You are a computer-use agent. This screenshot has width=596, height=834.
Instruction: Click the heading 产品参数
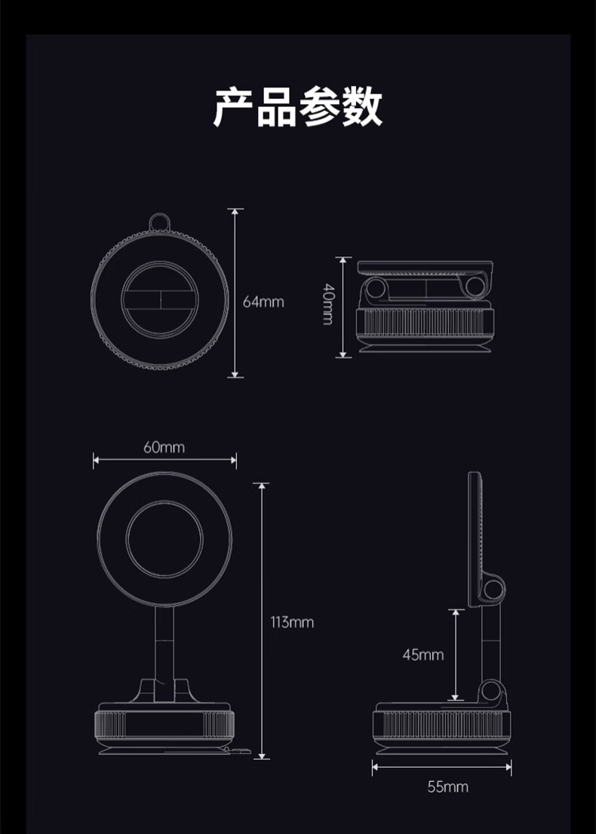(x=297, y=106)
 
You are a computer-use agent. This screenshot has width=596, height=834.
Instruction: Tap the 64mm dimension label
(x=263, y=302)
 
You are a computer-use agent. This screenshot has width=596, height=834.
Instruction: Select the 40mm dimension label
(x=327, y=304)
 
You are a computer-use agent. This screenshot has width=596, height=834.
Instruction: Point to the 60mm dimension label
(x=164, y=447)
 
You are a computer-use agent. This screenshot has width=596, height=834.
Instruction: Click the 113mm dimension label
(x=292, y=622)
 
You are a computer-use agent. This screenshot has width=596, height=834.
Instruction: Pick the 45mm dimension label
(x=422, y=655)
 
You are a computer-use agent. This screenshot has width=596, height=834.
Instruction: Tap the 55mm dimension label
(x=447, y=787)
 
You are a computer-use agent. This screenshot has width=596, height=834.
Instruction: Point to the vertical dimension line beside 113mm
(x=262, y=621)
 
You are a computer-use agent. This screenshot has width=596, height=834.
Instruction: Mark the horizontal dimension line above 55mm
(x=441, y=768)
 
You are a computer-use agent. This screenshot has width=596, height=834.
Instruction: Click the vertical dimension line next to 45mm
(x=456, y=655)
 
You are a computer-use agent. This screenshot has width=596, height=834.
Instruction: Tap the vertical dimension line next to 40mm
(x=343, y=307)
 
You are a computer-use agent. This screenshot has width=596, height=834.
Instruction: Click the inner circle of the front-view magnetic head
(x=164, y=538)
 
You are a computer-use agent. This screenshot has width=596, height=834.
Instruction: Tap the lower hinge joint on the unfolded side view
(x=492, y=691)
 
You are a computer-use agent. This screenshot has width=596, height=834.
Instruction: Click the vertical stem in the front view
(x=164, y=645)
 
